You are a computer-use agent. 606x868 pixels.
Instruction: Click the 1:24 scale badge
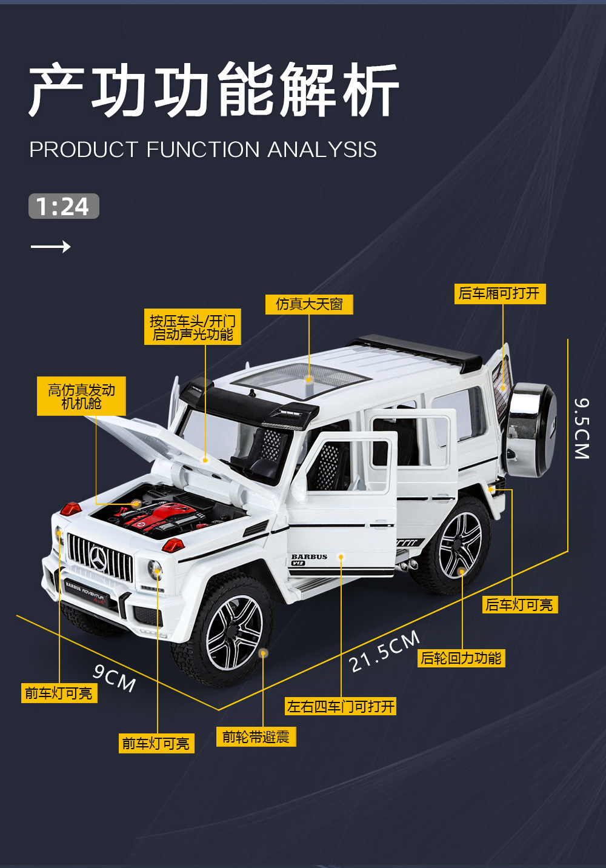64,207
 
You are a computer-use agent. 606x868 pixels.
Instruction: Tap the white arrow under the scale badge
51,246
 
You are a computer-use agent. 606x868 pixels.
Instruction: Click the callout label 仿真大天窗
309,304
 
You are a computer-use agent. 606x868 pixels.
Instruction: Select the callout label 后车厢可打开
499,294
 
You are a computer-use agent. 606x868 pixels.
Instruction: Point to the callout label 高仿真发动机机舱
81,396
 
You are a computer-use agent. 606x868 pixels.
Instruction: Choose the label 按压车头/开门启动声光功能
193,327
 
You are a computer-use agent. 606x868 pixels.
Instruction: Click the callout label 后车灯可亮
519,604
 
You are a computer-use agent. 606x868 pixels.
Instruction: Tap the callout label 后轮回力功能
461,658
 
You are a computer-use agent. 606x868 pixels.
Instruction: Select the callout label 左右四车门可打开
341,706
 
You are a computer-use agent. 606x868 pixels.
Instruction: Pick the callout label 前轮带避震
256,737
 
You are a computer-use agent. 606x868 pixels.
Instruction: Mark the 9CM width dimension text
115,678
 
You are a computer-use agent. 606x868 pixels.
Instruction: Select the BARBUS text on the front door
309,556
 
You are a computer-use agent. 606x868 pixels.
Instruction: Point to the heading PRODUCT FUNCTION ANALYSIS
203,150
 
